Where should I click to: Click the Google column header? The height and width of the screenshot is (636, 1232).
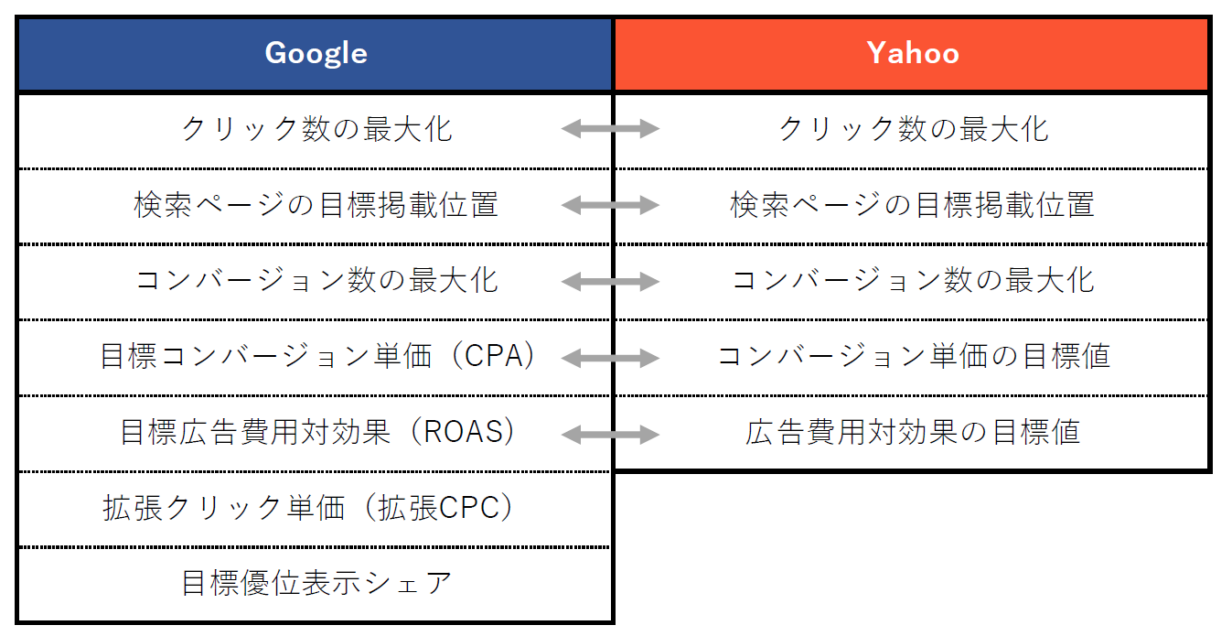tap(316, 54)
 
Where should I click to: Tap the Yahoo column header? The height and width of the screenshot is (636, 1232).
tap(913, 54)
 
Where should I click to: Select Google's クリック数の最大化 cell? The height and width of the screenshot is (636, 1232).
tap(316, 129)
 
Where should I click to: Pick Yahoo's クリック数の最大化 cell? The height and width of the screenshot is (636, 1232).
tap(914, 129)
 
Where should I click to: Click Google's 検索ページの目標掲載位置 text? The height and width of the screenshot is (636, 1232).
tap(316, 205)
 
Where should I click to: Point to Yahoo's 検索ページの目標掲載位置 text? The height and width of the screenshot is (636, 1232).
tap(913, 205)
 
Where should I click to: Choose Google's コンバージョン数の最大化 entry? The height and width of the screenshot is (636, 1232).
tap(316, 281)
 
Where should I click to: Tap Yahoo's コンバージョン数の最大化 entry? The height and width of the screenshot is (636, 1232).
tap(913, 281)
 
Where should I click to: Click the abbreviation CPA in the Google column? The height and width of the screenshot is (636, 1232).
tap(493, 356)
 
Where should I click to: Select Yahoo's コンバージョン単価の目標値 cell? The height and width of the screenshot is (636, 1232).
tap(914, 356)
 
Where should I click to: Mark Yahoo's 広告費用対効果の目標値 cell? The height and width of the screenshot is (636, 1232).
tap(913, 432)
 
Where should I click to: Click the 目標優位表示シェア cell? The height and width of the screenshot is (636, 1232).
tap(316, 584)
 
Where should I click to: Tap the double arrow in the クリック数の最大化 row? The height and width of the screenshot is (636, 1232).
tap(610, 129)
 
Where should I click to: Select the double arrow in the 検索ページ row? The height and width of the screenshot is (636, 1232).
tap(610, 205)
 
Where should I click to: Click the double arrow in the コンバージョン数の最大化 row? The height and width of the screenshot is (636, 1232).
tap(610, 282)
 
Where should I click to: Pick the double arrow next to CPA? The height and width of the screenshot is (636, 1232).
tap(610, 358)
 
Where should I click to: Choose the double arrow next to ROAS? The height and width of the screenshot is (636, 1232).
tap(610, 435)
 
